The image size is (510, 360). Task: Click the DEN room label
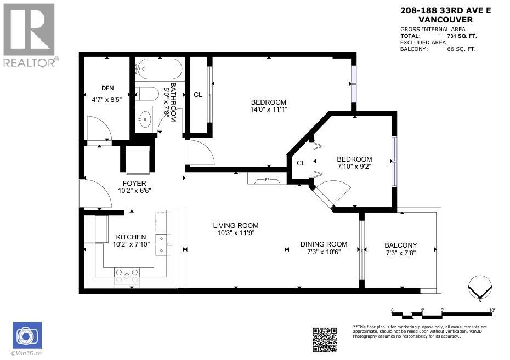(x=107, y=88)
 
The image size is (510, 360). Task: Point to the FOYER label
(x=133, y=183)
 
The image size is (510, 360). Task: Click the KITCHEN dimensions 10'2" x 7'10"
(x=131, y=244)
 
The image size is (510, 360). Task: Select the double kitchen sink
(x=162, y=244)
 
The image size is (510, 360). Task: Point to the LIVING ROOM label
(x=236, y=225)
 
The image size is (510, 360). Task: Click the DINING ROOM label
(x=324, y=244)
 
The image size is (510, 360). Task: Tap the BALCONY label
(x=401, y=245)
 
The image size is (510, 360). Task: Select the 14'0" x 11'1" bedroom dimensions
(x=269, y=110)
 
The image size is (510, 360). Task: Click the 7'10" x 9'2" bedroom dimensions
(x=354, y=167)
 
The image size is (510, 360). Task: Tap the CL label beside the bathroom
(x=198, y=95)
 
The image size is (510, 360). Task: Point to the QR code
(x=325, y=340)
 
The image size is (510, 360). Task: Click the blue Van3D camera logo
(x=26, y=335)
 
